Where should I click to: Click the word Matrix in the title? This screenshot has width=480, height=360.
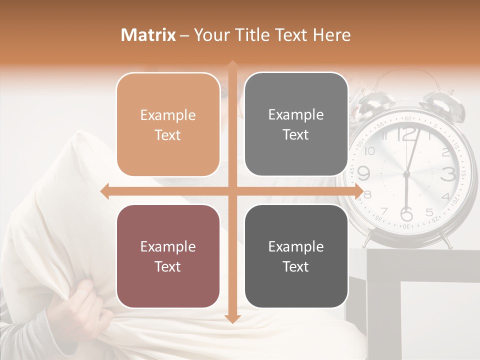(x=148, y=35)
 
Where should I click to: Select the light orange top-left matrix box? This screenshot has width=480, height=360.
(x=168, y=124)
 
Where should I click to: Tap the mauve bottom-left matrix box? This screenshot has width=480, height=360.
(x=168, y=256)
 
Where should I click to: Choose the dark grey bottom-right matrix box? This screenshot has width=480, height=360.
(x=296, y=256)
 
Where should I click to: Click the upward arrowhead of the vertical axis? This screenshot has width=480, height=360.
(x=232, y=65)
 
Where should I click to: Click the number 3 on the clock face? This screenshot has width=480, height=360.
(x=448, y=174)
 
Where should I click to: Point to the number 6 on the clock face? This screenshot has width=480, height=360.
(x=406, y=214)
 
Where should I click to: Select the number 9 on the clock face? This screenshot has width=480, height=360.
(x=364, y=173)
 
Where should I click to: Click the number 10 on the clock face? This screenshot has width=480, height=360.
(x=370, y=151)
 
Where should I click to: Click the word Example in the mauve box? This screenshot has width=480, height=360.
(x=168, y=246)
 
